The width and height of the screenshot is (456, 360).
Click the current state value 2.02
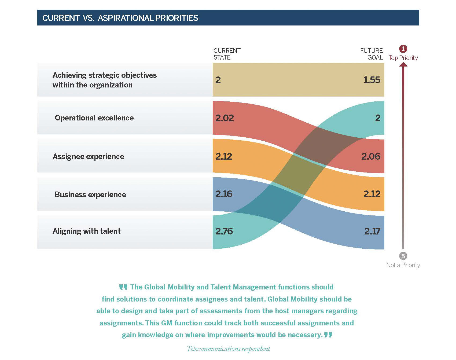(x=225, y=118)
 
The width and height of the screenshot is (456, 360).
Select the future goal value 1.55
(x=372, y=80)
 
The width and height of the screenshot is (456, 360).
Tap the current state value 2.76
(x=224, y=231)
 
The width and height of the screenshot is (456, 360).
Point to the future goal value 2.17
(x=372, y=231)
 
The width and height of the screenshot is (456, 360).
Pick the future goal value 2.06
(x=371, y=156)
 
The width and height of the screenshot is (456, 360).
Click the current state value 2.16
(x=224, y=194)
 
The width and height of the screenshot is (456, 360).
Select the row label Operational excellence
(x=94, y=118)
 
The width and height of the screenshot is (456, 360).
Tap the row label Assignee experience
(x=88, y=157)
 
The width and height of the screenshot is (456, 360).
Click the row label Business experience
(x=90, y=195)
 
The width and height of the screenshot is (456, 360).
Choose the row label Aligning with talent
(x=87, y=231)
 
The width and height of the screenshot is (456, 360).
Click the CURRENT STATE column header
(x=227, y=54)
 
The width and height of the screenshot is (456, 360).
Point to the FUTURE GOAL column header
(x=371, y=54)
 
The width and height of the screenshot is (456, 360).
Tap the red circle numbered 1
(x=403, y=49)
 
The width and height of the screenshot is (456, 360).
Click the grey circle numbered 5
(x=403, y=256)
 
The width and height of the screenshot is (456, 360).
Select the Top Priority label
(x=403, y=58)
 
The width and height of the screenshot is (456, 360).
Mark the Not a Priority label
(x=403, y=265)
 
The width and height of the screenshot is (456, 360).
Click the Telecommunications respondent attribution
(x=228, y=349)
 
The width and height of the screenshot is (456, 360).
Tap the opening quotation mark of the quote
(x=123, y=287)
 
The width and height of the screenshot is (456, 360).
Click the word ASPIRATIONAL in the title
(x=126, y=18)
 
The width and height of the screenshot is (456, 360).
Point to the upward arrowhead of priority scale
(x=403, y=65)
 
